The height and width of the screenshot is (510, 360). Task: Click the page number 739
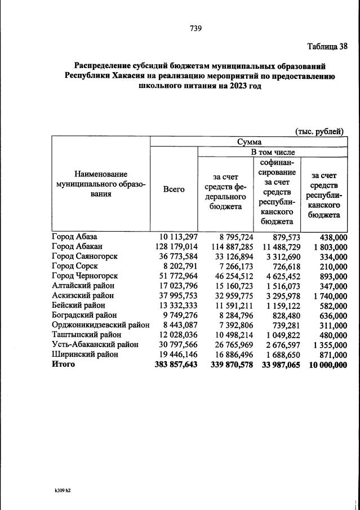[195, 28]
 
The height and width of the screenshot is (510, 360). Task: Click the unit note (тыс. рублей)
[319, 131]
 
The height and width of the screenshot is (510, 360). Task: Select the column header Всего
[174, 190]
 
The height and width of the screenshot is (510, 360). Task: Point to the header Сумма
[249, 142]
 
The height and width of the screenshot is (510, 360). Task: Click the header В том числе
[273, 152]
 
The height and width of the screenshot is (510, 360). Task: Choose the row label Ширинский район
[85, 354]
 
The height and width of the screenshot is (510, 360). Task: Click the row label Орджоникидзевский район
[100, 324]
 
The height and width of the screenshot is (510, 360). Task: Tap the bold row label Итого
[63, 365]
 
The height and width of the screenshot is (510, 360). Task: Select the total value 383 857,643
[176, 365]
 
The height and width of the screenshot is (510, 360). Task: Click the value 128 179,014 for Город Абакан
[176, 246]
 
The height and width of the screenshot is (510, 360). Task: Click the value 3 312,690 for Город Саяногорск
[279, 256]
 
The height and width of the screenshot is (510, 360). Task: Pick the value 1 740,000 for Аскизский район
[327, 296]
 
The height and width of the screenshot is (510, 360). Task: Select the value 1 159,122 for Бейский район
[279, 305]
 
